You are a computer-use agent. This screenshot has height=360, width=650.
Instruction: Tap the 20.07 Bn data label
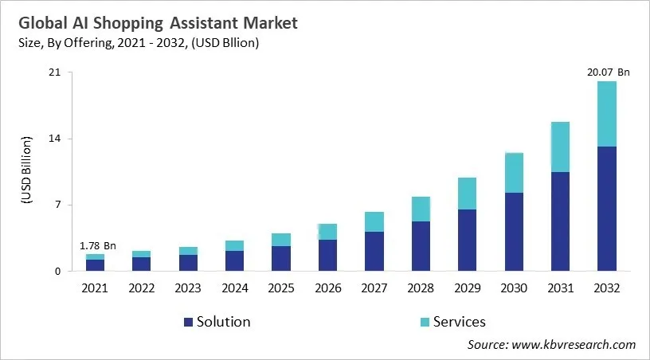tap(607, 72)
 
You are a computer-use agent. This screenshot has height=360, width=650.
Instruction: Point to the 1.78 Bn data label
tap(97, 246)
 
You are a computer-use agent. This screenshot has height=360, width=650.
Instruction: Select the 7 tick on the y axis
tap(57, 205)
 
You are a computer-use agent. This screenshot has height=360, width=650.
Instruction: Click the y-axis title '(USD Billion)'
tap(25, 171)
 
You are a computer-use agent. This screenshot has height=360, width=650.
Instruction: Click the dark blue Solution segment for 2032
tap(607, 209)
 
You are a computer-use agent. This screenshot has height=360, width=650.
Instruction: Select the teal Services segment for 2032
tap(607, 114)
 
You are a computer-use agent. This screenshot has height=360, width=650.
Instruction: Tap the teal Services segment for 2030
tap(514, 173)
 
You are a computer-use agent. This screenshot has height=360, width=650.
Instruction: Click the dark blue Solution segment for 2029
tap(467, 240)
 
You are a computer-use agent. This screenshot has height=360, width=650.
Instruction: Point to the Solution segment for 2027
tap(374, 251)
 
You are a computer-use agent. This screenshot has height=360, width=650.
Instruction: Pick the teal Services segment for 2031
tap(560, 147)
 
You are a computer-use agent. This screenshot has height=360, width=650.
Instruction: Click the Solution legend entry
tap(217, 322)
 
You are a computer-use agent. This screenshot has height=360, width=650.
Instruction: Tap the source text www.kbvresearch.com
tap(574, 344)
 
